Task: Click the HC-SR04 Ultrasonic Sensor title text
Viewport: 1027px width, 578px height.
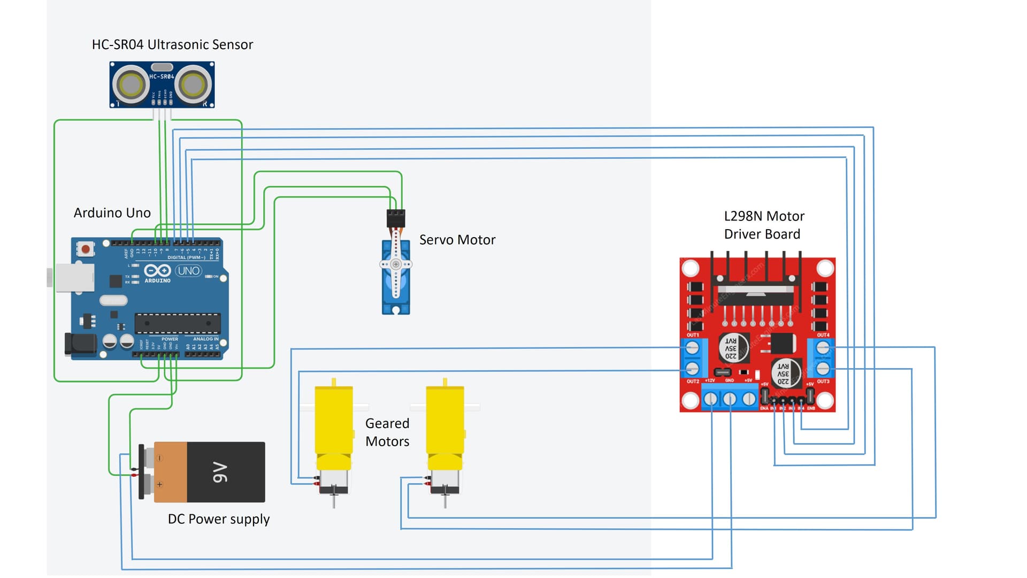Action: click(172, 44)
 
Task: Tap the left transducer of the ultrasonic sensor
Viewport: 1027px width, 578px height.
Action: click(130, 85)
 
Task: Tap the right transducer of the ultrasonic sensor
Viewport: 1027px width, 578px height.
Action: click(193, 85)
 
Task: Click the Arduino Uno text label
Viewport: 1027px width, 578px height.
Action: click(112, 213)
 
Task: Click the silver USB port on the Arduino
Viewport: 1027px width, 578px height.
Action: click(74, 277)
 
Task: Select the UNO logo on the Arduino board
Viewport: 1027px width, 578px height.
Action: click(188, 271)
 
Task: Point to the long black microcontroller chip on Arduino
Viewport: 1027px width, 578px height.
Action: click(177, 323)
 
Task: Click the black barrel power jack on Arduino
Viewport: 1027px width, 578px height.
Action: click(79, 345)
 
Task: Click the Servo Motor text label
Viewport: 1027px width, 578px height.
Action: click(457, 240)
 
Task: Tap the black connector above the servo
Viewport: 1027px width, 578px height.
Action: click(396, 218)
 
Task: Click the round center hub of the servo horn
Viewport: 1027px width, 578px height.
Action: click(396, 264)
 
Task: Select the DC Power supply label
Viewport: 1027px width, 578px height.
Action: click(218, 519)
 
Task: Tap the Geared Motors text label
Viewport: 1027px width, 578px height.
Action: click(387, 432)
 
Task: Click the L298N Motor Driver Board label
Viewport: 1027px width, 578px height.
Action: click(763, 225)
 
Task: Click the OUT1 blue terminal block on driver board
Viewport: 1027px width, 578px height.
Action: click(693, 358)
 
